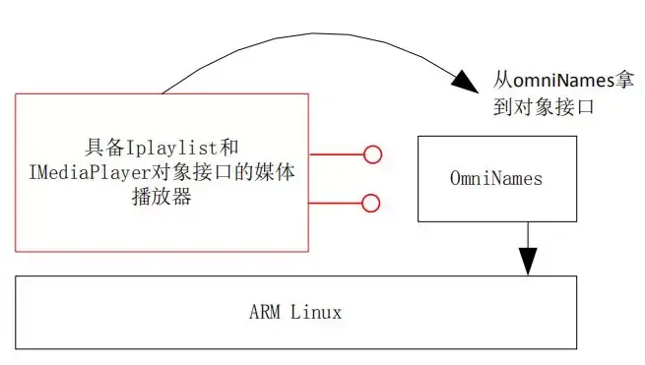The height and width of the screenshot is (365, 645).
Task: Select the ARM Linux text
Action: click(x=295, y=313)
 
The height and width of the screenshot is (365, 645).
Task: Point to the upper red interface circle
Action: click(x=372, y=153)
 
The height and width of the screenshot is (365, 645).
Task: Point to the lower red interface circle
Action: click(x=371, y=203)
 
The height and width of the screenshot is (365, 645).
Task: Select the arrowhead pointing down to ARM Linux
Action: click(x=529, y=261)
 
